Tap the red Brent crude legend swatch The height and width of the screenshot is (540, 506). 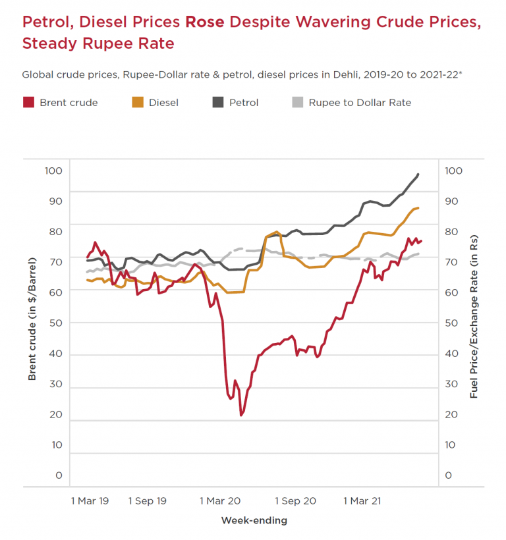click(28, 102)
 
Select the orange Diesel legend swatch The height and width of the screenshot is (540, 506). click(138, 102)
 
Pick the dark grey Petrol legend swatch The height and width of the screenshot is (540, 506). click(218, 102)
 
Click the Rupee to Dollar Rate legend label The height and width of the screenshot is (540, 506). click(360, 102)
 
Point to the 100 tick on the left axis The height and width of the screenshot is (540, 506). click(53, 171)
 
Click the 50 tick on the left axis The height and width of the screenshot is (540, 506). click(55, 323)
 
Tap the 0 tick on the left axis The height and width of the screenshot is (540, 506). click(59, 475)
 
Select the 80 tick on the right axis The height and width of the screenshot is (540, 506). click(451, 232)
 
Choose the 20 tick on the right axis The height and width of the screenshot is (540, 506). click(451, 414)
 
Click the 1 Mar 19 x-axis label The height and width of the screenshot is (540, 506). click(90, 501)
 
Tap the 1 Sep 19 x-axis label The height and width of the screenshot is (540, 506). click(148, 501)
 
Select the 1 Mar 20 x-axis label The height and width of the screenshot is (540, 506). click(220, 501)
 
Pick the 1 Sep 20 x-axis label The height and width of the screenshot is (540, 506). click(295, 501)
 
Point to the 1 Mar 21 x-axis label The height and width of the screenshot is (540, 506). click(362, 501)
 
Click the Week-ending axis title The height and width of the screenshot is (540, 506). click(254, 521)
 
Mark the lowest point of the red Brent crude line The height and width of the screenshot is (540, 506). click(241, 415)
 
